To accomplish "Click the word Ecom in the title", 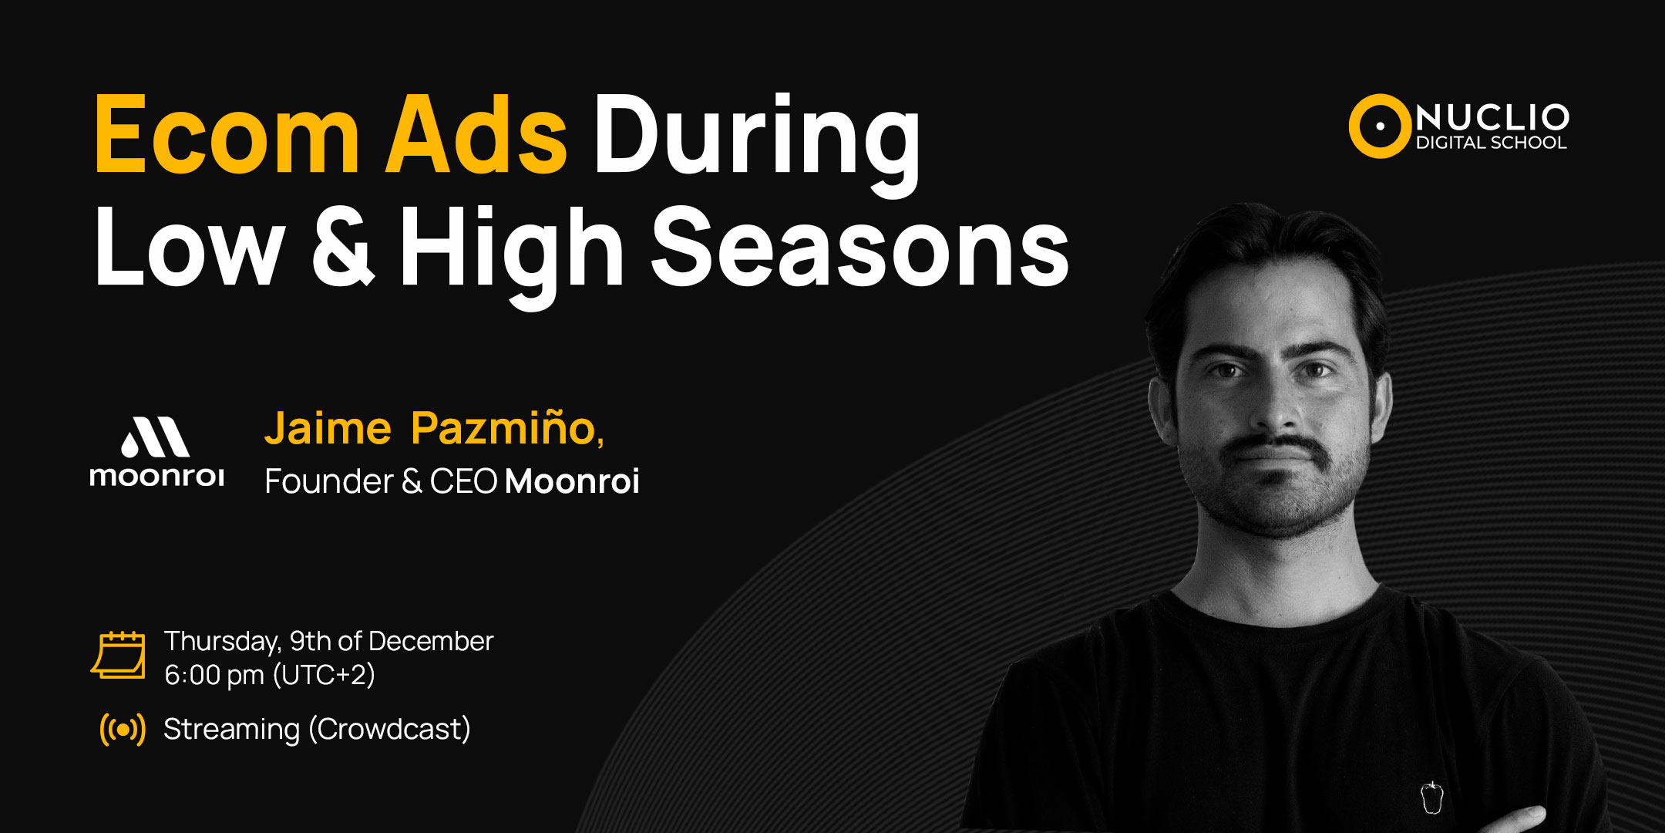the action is click(x=227, y=135).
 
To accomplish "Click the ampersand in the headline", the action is click(x=343, y=248).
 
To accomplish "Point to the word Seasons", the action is click(x=860, y=248).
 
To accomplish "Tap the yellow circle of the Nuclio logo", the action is click(x=1380, y=126).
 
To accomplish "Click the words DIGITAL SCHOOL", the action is click(x=1492, y=143).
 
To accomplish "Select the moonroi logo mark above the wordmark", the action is click(x=156, y=437).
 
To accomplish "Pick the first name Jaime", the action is click(x=328, y=428).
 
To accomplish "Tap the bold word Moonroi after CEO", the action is click(x=572, y=481).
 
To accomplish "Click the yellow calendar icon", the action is click(x=118, y=655).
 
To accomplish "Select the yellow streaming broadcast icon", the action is click(x=123, y=729).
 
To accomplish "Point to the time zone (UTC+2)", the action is click(x=324, y=675).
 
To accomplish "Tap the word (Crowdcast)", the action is click(x=389, y=729).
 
